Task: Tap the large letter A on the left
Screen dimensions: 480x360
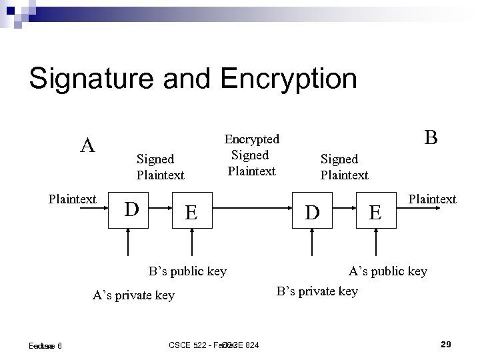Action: (87, 145)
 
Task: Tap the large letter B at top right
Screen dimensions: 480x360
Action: (431, 137)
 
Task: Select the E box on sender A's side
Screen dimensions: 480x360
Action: (191, 212)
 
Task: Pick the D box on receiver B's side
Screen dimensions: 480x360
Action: (311, 212)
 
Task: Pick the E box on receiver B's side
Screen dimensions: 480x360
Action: (376, 212)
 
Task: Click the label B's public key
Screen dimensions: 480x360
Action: (187, 271)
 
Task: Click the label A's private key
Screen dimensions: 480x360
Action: (134, 295)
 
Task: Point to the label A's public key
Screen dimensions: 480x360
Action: (389, 271)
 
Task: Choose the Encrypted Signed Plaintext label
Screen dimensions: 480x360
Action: (251, 155)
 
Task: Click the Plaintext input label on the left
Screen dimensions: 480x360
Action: (73, 199)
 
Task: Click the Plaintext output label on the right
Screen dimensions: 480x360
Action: (432, 199)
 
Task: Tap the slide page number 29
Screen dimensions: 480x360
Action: (447, 344)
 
